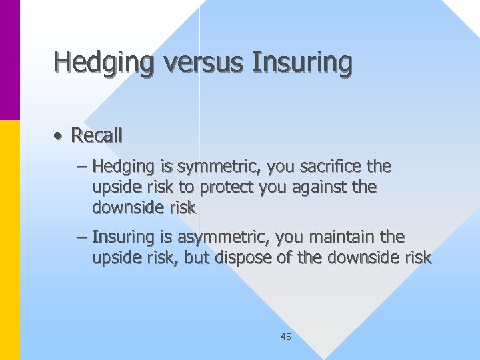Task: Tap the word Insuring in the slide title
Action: coord(301,62)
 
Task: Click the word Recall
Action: coord(97,135)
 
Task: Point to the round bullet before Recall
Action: coord(59,136)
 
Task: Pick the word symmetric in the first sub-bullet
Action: coord(207,166)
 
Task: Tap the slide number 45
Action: coord(285,337)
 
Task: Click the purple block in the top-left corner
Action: coord(9,60)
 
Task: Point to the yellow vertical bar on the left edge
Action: coord(9,240)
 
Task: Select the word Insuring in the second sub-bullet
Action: coord(119,237)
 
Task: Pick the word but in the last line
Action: coord(197,258)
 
